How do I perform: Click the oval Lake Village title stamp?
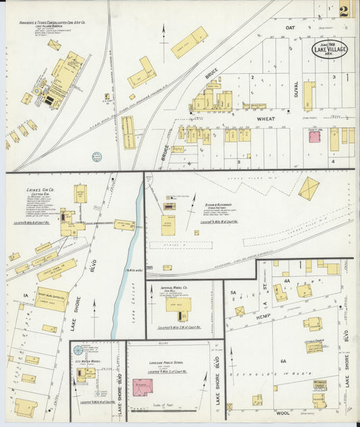[329, 49]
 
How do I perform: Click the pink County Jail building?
[315, 136]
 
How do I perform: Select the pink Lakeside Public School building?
[142, 387]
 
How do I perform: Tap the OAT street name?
[290, 28]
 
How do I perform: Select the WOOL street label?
[283, 411]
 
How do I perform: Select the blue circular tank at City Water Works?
[78, 350]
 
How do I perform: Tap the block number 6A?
[283, 361]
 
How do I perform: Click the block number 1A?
[26, 295]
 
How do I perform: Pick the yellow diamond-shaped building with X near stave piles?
[309, 188]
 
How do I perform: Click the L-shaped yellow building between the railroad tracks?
[142, 72]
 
